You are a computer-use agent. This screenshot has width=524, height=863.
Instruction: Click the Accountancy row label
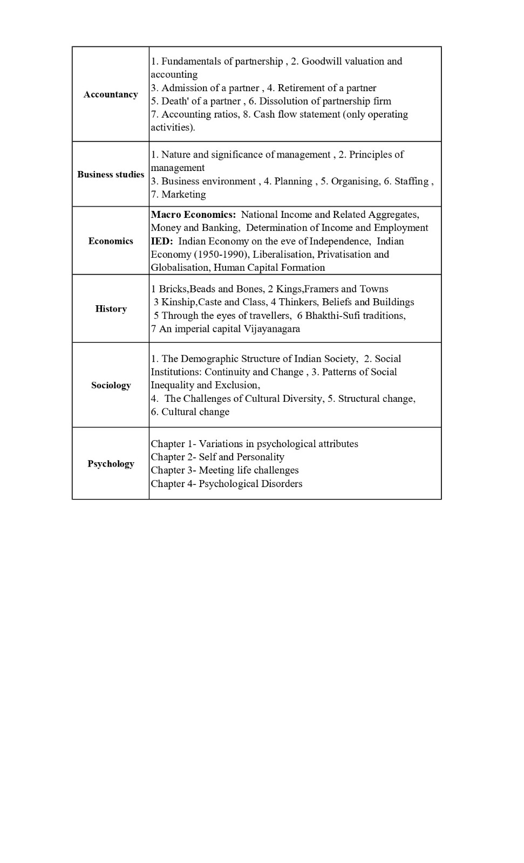point(111,94)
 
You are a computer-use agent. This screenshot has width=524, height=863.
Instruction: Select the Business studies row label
point(111,174)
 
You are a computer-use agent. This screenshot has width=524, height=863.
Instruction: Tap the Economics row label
point(111,241)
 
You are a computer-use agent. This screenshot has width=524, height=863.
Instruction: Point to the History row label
point(111,309)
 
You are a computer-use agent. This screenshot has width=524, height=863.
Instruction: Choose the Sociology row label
point(111,385)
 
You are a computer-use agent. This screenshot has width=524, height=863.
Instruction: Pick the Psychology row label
point(111,464)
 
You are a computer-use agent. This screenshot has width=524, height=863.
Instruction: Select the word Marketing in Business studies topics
point(183,195)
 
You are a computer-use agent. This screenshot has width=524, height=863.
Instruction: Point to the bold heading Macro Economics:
point(193,215)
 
